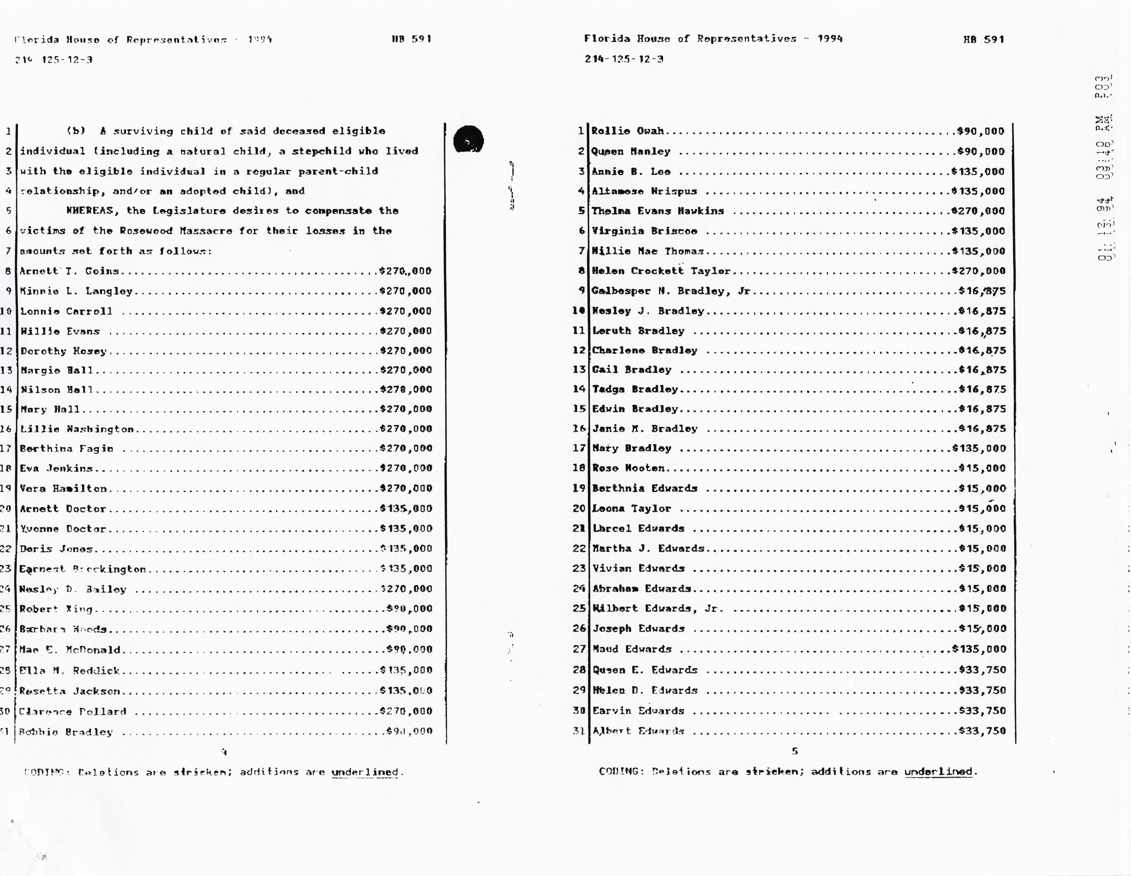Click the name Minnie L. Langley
[x=76, y=291]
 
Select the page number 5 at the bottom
[x=795, y=751]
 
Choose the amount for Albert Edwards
[x=982, y=731]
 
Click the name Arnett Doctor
[x=63, y=508]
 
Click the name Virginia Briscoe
[x=644, y=231]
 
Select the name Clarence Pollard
[x=72, y=711]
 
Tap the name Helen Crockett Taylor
[x=661, y=271]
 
